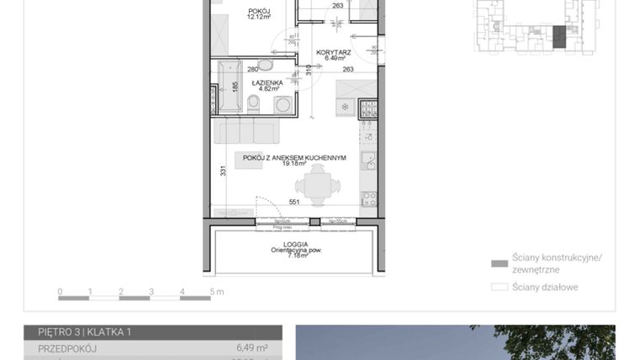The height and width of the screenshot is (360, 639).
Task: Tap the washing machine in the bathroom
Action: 283,104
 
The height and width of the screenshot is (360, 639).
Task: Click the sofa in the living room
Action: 246,132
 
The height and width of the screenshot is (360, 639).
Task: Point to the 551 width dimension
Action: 295,203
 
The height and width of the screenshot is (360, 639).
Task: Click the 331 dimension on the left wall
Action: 221,172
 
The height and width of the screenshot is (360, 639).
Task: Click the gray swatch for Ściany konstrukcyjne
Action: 499,263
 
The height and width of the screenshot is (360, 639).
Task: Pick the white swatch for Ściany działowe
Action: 499,287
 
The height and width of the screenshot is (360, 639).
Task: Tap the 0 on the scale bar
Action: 60,292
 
